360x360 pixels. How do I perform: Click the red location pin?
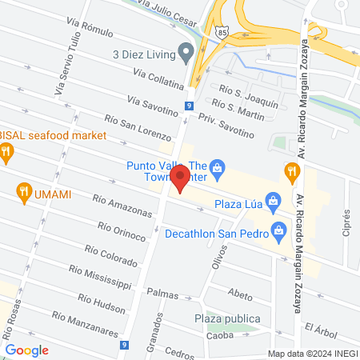181,177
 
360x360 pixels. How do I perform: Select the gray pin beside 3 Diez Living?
186,54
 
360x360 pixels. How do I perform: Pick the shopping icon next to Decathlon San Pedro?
279,234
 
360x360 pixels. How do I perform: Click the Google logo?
26,350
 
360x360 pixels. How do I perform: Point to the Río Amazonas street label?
122,206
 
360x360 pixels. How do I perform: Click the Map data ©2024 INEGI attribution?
311,354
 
